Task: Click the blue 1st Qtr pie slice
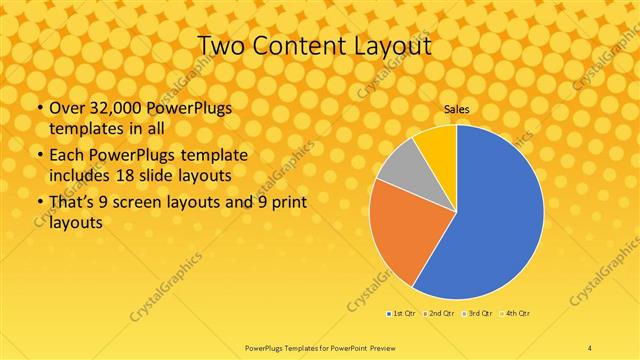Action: tap(490, 220)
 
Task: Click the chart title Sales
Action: tap(456, 110)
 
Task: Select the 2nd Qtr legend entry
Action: tap(441, 313)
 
